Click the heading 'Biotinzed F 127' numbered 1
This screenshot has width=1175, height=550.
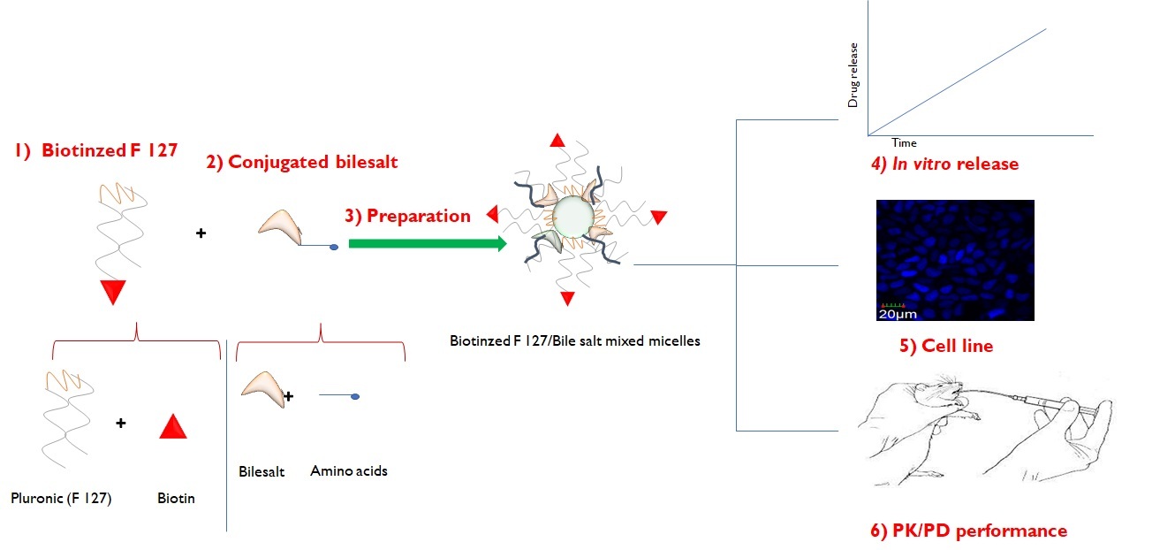(96, 150)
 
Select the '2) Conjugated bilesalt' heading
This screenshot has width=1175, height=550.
(301, 162)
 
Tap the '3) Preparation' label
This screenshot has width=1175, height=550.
(407, 217)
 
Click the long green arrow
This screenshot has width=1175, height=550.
(428, 243)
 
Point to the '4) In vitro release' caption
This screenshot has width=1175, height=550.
(944, 164)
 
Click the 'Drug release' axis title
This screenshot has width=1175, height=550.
(853, 75)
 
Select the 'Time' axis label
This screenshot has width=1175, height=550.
(904, 142)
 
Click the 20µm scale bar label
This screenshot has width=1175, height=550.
(898, 315)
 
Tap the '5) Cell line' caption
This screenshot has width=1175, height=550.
(946, 346)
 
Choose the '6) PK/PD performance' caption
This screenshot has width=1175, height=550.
(969, 531)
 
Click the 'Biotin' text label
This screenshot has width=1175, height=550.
(176, 498)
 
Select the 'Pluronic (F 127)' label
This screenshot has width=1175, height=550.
(61, 498)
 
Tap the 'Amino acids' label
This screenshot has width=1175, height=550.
(349, 470)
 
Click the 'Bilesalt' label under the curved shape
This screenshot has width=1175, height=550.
(262, 472)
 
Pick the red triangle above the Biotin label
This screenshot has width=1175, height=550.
(173, 427)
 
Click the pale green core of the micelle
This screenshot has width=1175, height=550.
(573, 216)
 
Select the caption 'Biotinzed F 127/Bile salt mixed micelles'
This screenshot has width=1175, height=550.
(575, 341)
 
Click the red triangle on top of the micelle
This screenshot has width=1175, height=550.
(557, 141)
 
